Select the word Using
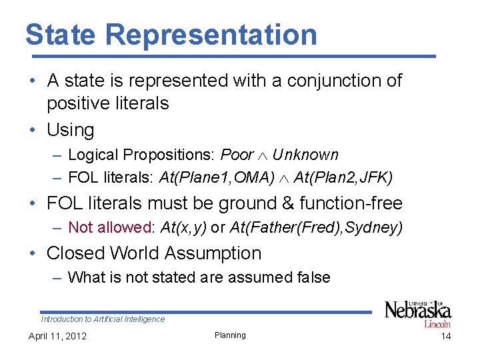pyautogui.click(x=70, y=129)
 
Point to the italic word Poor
pyautogui.click(x=237, y=155)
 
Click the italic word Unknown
pyautogui.click(x=305, y=155)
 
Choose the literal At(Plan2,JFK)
pyautogui.click(x=343, y=178)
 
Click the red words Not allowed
pyautogui.click(x=111, y=228)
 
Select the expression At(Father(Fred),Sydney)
pyautogui.click(x=316, y=228)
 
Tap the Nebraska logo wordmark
pyautogui.click(x=418, y=311)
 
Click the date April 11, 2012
pyautogui.click(x=57, y=336)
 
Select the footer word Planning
pyautogui.click(x=230, y=335)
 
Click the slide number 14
pyautogui.click(x=446, y=336)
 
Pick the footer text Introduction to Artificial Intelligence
pyautogui.click(x=103, y=319)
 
